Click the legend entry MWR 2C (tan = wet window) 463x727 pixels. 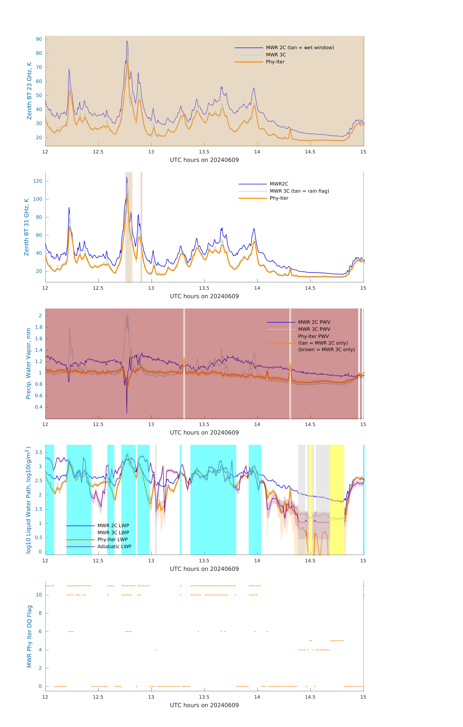pyautogui.click(x=299, y=48)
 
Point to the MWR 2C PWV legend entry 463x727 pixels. pyautogui.click(x=314, y=322)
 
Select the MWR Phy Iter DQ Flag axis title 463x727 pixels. pyautogui.click(x=29, y=636)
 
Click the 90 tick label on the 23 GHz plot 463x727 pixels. pyautogui.click(x=39, y=39)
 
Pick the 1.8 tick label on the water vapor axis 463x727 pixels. pyautogui.click(x=39, y=327)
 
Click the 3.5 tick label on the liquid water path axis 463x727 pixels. pyautogui.click(x=39, y=452)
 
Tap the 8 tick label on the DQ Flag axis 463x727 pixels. pyautogui.click(x=40, y=613)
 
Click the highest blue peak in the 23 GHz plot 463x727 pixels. pyautogui.click(x=127, y=41)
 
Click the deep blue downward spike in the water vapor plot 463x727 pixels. pyautogui.click(x=127, y=412)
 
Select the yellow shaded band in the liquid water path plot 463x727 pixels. pyautogui.click(x=337, y=500)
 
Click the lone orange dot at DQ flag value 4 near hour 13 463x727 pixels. pyautogui.click(x=156, y=650)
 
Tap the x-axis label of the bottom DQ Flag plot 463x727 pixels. pyautogui.click(x=204, y=705)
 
